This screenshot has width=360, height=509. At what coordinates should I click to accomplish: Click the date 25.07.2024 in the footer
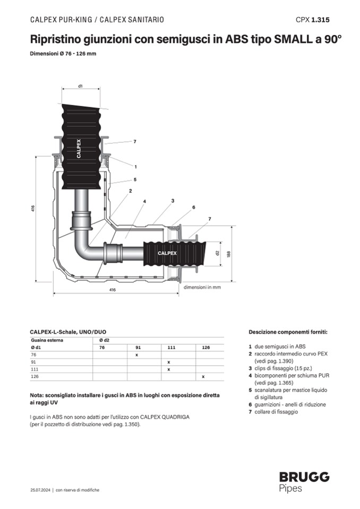pyautogui.click(x=40, y=490)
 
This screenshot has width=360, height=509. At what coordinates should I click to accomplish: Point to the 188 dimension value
pyautogui.click(x=228, y=254)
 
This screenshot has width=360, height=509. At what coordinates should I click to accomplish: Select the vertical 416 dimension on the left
pyautogui.click(x=33, y=210)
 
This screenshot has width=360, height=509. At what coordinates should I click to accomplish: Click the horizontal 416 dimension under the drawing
pyautogui.click(x=113, y=290)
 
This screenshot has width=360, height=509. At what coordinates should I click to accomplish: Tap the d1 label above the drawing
pyautogui.click(x=80, y=85)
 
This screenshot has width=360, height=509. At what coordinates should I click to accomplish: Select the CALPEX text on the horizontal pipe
pyautogui.click(x=166, y=253)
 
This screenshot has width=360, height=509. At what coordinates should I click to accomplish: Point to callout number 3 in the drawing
pyautogui.click(x=173, y=201)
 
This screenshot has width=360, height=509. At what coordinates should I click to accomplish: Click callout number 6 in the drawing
pyautogui.click(x=193, y=207)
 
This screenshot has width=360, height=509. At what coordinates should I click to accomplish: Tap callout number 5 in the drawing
pyautogui.click(x=135, y=179)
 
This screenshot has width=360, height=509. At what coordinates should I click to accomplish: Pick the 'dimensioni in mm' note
pyautogui.click(x=202, y=288)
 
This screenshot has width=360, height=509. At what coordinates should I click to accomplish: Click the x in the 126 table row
pyautogui.click(x=203, y=376)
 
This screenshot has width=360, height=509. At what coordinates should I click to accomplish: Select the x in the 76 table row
pyautogui.click(x=136, y=354)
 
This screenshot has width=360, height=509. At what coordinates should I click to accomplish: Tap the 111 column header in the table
pyautogui.click(x=171, y=347)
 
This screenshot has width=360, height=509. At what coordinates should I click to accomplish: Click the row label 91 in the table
pyautogui.click(x=34, y=361)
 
